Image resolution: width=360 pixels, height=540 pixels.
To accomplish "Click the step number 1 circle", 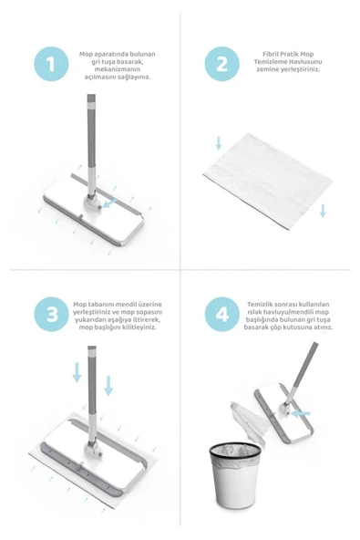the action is pyautogui.click(x=51, y=64).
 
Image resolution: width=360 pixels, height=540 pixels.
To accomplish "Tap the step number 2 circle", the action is pyautogui.click(x=222, y=64).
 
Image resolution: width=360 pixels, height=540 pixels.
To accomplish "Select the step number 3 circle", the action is pyautogui.click(x=51, y=314).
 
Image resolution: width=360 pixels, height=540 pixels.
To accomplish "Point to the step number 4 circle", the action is pyautogui.click(x=222, y=314).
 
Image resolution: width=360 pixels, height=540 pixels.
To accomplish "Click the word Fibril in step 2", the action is pyautogui.click(x=270, y=54).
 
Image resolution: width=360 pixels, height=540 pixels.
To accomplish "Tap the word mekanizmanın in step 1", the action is pyautogui.click(x=118, y=69).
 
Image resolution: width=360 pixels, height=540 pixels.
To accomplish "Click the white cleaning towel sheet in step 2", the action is pyautogui.click(x=268, y=182).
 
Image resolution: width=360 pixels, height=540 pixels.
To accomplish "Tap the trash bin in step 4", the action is pyautogui.click(x=236, y=475).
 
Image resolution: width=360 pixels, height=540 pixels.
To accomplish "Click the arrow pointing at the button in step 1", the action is pyautogui.click(x=110, y=202).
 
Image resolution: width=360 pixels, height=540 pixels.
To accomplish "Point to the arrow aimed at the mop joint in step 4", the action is pyautogui.click(x=301, y=413).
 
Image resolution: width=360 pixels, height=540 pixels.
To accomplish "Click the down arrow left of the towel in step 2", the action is pyautogui.click(x=218, y=143).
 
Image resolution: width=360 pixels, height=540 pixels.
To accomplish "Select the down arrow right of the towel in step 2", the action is pyautogui.click(x=323, y=211).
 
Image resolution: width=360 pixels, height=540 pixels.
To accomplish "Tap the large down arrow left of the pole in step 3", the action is pyautogui.click(x=77, y=373).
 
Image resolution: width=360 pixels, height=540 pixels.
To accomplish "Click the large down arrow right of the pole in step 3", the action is pyautogui.click(x=108, y=385).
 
